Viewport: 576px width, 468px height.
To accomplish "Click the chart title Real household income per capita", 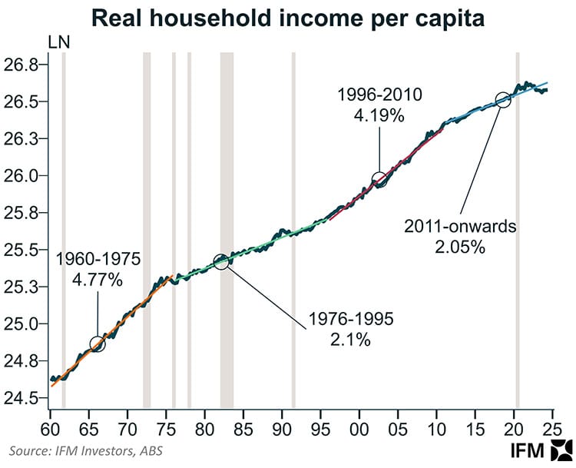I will (288, 18).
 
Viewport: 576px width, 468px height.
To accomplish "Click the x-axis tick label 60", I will (50, 427).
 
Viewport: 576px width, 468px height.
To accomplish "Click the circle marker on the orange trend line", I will (97, 344).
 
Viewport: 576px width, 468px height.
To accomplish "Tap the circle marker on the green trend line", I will (221, 261).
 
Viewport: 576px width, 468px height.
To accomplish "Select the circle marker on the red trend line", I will (379, 179).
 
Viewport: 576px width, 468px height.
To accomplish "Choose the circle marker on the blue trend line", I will (502, 99).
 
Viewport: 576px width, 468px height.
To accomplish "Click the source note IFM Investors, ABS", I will (87, 450).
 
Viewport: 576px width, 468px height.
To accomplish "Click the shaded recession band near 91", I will (293, 231).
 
